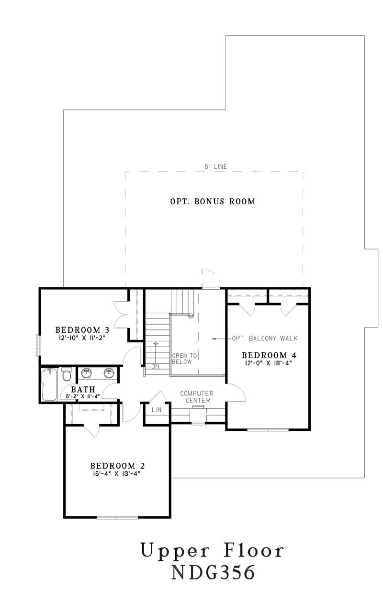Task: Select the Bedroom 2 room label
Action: (117, 466)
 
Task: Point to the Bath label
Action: (83, 389)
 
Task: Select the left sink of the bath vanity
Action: (87, 373)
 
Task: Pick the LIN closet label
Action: (157, 410)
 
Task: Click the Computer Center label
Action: (196, 396)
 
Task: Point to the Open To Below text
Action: (181, 359)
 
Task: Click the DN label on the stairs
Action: (155, 367)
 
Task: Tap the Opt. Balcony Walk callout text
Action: (265, 339)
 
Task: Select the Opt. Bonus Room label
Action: (213, 201)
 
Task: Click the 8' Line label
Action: (214, 166)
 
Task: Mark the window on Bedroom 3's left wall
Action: (37, 344)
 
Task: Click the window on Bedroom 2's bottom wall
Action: (117, 517)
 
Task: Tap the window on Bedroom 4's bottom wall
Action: (268, 430)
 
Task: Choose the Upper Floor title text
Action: (213, 551)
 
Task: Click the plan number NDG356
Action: (213, 573)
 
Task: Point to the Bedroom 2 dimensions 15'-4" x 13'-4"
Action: (117, 474)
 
